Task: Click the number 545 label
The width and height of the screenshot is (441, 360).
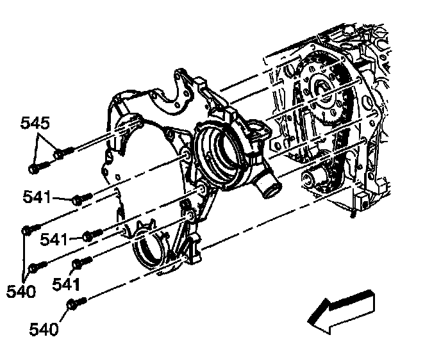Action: click(x=35, y=122)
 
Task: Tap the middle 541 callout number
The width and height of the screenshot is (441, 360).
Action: click(x=54, y=239)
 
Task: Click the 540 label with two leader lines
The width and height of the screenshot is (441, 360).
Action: click(x=21, y=291)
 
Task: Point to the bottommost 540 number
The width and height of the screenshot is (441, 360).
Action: click(x=44, y=330)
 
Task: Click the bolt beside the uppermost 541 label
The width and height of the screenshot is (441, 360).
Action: click(x=79, y=200)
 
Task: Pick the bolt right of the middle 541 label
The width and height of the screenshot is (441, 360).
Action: click(x=92, y=234)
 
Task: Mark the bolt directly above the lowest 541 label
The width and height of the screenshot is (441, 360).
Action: click(x=79, y=262)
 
